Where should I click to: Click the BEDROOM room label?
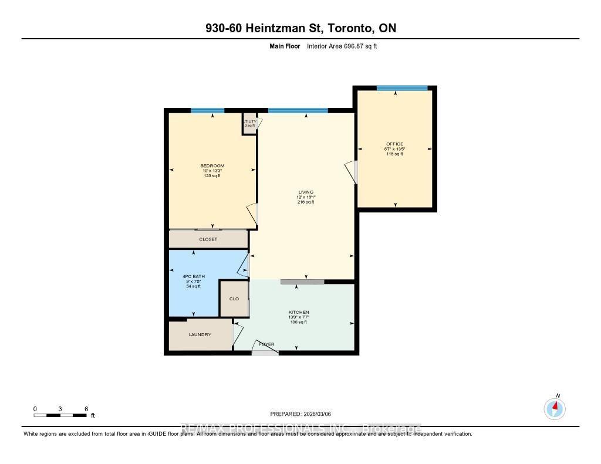(212, 166)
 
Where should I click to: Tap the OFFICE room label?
(394, 144)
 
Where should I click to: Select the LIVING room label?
(305, 192)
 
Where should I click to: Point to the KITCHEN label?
(298, 312)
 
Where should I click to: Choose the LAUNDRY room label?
(200, 334)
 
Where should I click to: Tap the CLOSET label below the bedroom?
(208, 239)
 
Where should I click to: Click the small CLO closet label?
(234, 299)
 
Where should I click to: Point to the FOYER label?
(266, 344)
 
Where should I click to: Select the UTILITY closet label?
(250, 122)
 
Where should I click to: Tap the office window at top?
(402, 88)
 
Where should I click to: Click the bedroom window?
(207, 110)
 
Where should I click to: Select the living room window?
(298, 110)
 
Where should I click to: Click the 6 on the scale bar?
(86, 408)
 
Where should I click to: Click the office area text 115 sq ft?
(394, 154)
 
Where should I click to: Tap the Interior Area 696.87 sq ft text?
(342, 46)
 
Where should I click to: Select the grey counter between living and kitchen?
(302, 282)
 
